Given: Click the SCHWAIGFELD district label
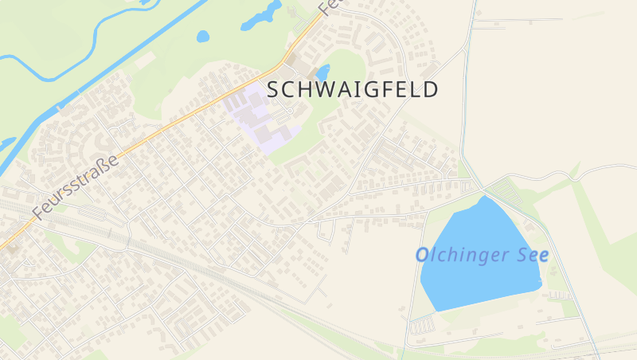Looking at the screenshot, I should point(353,89).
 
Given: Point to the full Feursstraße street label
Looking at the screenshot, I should point(76,187).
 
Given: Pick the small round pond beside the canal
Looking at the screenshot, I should point(203,36).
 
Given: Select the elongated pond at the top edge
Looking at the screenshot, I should point(262,14).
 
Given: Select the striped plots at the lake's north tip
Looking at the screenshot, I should point(503,194).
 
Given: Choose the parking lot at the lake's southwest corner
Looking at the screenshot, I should point(422,325).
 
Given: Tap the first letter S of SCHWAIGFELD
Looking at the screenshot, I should point(274,89).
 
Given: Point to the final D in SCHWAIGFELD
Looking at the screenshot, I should point(431,89).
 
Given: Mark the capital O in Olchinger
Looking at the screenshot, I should point(423,256).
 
